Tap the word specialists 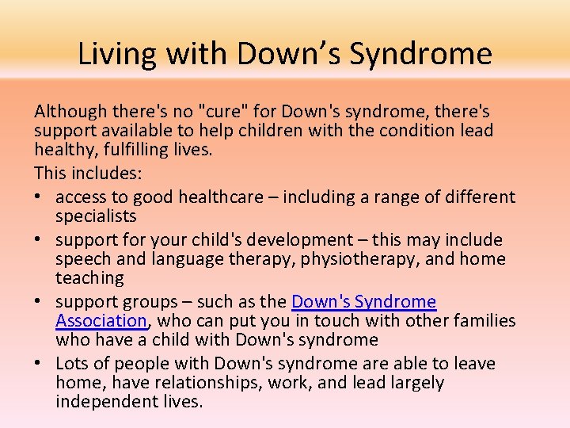pyautogui.click(x=96, y=216)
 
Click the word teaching pyautogui.click(x=89, y=278)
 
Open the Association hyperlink pyautogui.click(x=101, y=321)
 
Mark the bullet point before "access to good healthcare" pyautogui.click(x=40, y=197)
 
